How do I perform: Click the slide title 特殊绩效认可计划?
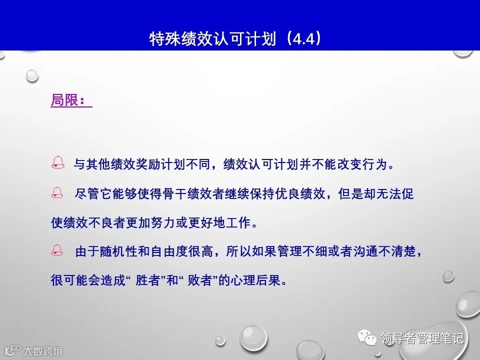coord(212,39)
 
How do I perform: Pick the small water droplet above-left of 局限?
coord(32,75)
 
